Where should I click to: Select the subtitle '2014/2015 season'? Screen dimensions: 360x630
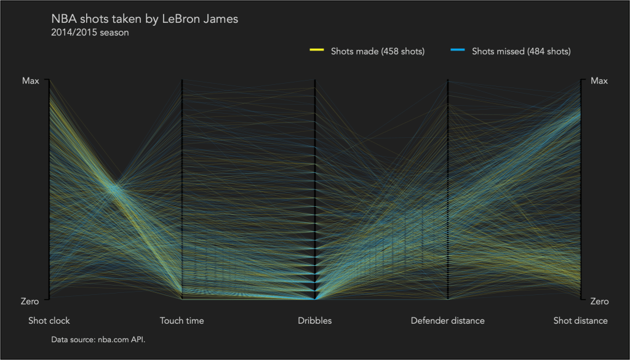(x=90, y=33)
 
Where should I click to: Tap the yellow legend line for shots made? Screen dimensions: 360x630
(x=316, y=50)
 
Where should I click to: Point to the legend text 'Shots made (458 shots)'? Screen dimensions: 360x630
(x=378, y=51)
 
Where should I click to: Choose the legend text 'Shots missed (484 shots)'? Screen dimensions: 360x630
(x=521, y=51)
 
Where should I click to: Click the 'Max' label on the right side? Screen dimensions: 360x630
(x=599, y=81)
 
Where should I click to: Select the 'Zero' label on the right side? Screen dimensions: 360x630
(x=599, y=301)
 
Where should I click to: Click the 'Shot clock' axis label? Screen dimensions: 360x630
(x=49, y=321)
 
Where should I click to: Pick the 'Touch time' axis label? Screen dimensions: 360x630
(x=181, y=321)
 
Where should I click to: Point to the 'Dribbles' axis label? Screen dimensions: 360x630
(x=314, y=321)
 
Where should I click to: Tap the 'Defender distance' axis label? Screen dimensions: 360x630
(x=447, y=321)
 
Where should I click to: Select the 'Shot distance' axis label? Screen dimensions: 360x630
(x=580, y=321)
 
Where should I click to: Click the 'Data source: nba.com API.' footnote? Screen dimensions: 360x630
(x=98, y=338)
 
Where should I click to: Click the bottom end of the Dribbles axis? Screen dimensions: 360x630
(x=315, y=298)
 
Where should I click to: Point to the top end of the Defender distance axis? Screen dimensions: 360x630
(x=448, y=81)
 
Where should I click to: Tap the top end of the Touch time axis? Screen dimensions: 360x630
(x=182, y=81)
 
